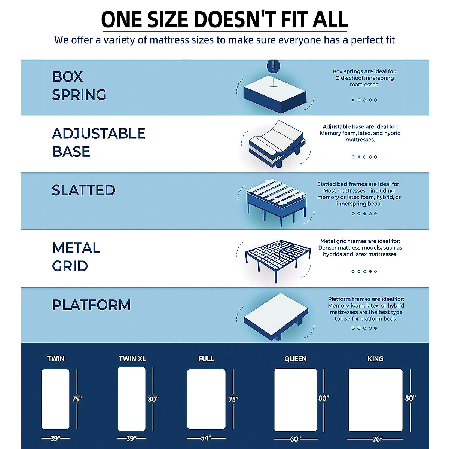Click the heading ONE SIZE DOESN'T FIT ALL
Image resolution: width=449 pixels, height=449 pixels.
tap(224, 19)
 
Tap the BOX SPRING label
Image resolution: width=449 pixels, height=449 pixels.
tap(79, 86)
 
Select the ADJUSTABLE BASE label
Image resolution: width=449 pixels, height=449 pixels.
tap(98, 143)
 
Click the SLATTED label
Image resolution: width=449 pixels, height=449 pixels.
tap(83, 190)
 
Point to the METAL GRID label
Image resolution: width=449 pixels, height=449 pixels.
tap(76, 257)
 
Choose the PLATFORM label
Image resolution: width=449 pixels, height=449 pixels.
tap(91, 305)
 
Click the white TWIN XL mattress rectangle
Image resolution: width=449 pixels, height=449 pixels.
tap(132, 399)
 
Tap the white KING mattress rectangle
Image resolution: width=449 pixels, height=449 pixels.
tap(375, 400)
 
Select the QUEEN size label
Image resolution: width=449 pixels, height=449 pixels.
tap(295, 359)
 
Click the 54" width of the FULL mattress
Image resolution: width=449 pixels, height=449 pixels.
tap(206, 438)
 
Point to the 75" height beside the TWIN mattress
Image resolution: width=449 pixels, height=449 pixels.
tap(77, 399)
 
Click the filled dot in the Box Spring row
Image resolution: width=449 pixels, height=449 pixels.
tap(353, 100)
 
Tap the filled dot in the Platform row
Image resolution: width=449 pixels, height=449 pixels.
tap(375, 329)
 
